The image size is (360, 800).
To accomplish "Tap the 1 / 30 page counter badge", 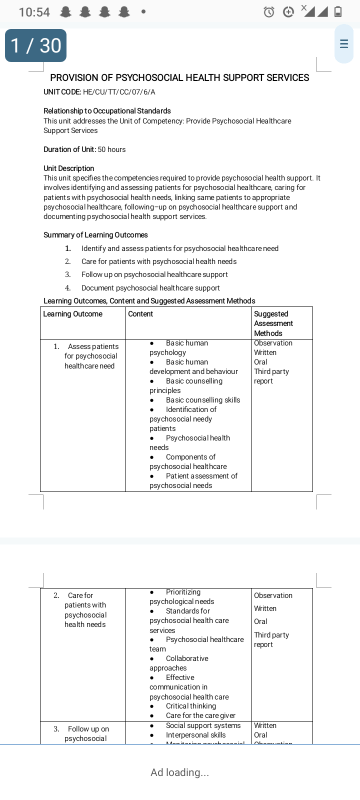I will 35,45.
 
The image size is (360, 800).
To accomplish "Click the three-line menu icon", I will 344,43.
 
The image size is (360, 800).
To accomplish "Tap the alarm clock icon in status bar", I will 269,12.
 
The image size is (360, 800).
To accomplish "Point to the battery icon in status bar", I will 338,11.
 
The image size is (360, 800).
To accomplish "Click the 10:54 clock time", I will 34,12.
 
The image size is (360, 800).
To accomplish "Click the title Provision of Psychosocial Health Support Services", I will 179,77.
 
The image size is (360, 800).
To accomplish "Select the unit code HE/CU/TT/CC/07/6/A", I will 119,92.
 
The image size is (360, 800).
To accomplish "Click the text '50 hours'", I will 111,149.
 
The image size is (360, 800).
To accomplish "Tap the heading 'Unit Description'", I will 69,168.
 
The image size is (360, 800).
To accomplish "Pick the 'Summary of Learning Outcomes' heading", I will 95,235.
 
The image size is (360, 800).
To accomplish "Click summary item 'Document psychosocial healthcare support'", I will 150,288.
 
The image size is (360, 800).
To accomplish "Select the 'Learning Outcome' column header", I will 72,314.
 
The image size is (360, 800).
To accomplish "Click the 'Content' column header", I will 140,314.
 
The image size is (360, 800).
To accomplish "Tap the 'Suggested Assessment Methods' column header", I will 273,323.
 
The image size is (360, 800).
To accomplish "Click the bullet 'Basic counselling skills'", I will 202,400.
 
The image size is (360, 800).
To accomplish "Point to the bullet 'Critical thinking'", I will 190,706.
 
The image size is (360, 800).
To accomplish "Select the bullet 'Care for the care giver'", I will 200,715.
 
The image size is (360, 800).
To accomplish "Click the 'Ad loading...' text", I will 180,772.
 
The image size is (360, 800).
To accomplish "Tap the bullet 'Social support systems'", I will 203,725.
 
